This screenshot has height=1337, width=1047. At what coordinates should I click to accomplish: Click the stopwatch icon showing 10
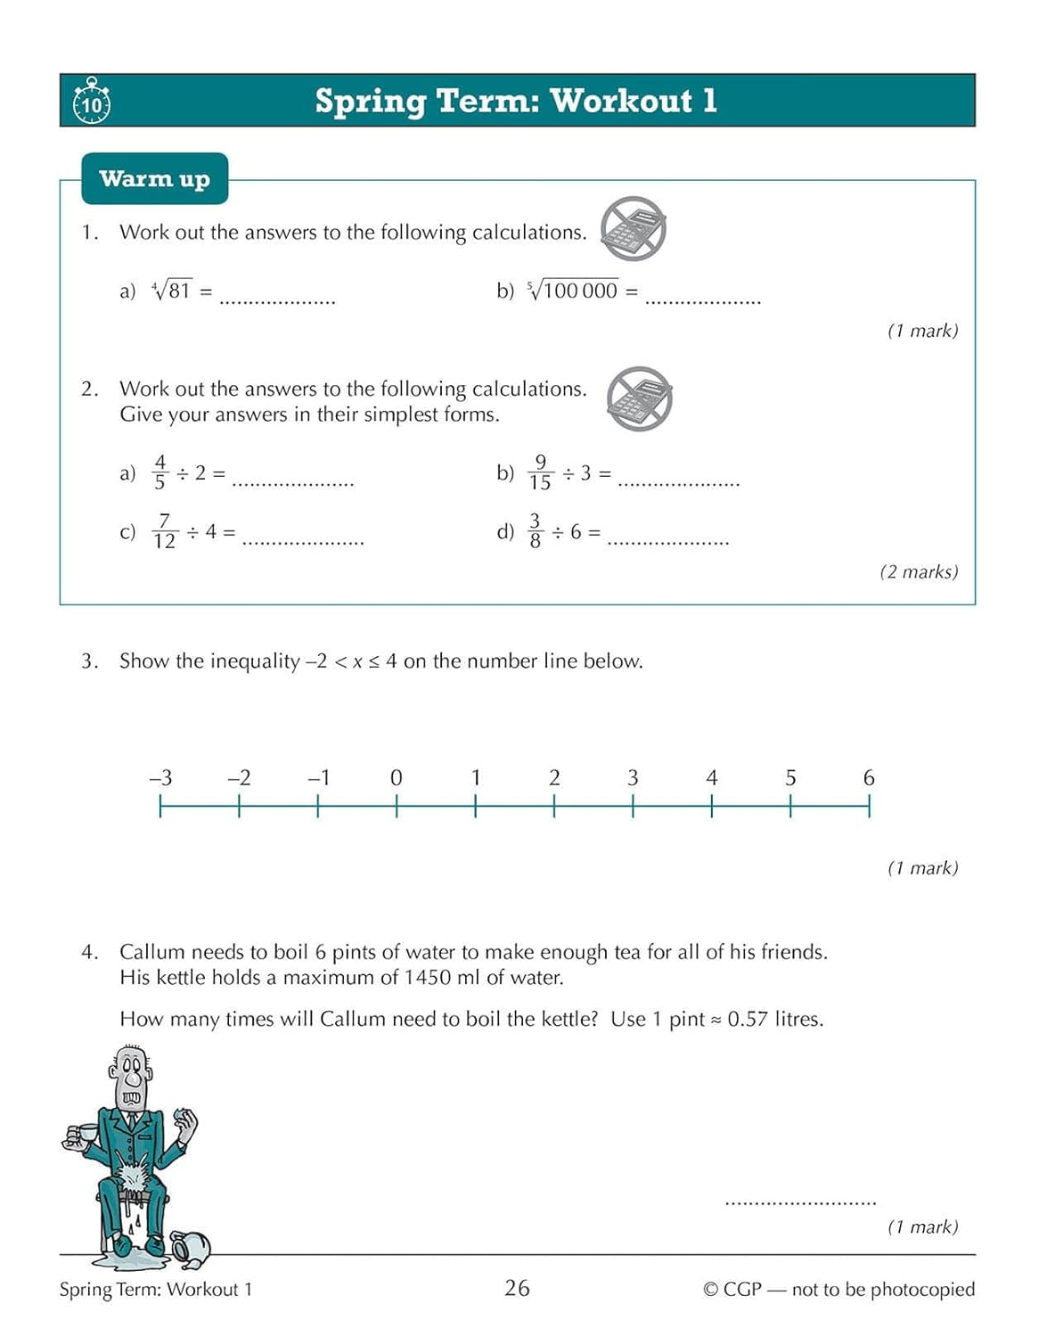pyautogui.click(x=91, y=102)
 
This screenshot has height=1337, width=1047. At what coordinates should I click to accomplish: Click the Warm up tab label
pyautogui.click(x=154, y=179)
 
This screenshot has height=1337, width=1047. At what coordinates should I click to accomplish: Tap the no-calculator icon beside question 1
pyautogui.click(x=633, y=229)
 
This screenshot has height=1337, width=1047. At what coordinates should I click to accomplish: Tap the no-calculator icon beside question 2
pyautogui.click(x=639, y=398)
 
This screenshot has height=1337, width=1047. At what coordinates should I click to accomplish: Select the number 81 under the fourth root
pyautogui.click(x=179, y=291)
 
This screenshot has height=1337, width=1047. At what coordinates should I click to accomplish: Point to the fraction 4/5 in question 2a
pyautogui.click(x=160, y=472)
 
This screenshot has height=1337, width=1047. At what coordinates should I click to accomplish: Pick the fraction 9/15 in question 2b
pyautogui.click(x=540, y=472)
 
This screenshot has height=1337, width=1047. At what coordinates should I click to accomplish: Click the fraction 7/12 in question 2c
pyautogui.click(x=164, y=531)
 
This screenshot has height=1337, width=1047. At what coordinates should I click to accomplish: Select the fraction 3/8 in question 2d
pyautogui.click(x=535, y=531)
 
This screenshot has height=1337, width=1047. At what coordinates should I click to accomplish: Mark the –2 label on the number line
pyautogui.click(x=239, y=777)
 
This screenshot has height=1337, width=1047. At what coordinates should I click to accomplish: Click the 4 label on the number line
pyautogui.click(x=711, y=777)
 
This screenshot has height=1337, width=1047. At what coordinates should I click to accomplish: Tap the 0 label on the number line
pyautogui.click(x=397, y=777)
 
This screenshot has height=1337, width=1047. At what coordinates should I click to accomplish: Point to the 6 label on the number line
pyautogui.click(x=869, y=777)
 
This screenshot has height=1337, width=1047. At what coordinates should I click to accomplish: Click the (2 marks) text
pyautogui.click(x=919, y=572)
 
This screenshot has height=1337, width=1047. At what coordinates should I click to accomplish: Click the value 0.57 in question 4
pyautogui.click(x=747, y=1019)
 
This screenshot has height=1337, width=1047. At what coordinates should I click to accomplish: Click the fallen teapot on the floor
pyautogui.click(x=191, y=1247)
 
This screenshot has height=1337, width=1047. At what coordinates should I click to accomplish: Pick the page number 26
pyautogui.click(x=517, y=1288)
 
